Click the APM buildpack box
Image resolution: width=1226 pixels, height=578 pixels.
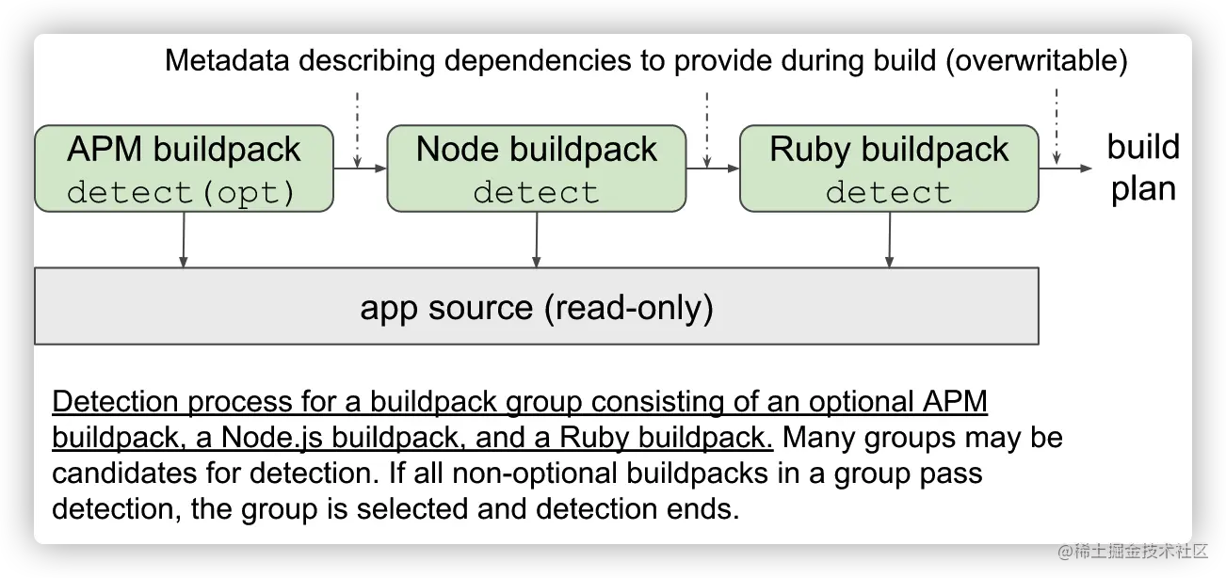[x=184, y=169]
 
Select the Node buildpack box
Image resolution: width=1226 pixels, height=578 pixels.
[x=537, y=169]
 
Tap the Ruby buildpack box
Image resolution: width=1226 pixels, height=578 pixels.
[x=889, y=169]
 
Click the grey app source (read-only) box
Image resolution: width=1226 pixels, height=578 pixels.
[x=537, y=306]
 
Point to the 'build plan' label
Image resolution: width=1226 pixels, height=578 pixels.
[x=1143, y=168]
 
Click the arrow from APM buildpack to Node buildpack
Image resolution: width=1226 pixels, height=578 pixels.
[x=361, y=169]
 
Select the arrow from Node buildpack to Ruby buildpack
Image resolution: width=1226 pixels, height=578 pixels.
[x=713, y=169]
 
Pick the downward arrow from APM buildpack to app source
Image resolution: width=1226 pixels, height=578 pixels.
[x=184, y=239]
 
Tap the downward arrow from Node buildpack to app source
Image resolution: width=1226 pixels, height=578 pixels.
[x=537, y=239]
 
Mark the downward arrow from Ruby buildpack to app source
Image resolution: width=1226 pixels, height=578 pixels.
[x=889, y=239]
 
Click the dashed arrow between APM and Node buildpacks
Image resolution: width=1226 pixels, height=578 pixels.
[x=358, y=127]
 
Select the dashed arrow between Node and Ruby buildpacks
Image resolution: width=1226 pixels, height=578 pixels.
[x=706, y=127]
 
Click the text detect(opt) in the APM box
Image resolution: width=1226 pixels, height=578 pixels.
[x=182, y=192]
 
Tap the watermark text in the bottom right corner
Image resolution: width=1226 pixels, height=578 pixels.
[x=1131, y=549]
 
